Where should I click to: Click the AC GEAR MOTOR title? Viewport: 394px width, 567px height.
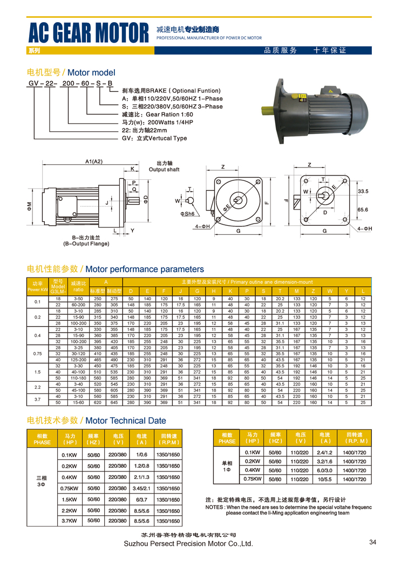tap(89, 33)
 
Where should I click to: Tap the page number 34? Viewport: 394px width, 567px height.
tap(372, 542)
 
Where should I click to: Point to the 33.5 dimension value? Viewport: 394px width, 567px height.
tap(362, 191)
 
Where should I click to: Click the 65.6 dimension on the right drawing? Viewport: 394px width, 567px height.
tap(362, 209)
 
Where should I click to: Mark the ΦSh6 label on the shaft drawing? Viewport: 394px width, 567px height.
tap(187, 213)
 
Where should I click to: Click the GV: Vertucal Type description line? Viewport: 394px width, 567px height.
tap(154, 138)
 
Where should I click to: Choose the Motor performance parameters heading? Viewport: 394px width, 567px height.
tap(116, 269)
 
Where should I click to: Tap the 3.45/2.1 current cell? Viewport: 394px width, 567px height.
tap(141, 488)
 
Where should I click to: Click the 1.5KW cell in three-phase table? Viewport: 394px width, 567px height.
tap(69, 499)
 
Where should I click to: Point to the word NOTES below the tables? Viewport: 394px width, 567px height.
tap(215, 508)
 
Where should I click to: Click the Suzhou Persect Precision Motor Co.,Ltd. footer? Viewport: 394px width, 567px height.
tap(188, 544)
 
